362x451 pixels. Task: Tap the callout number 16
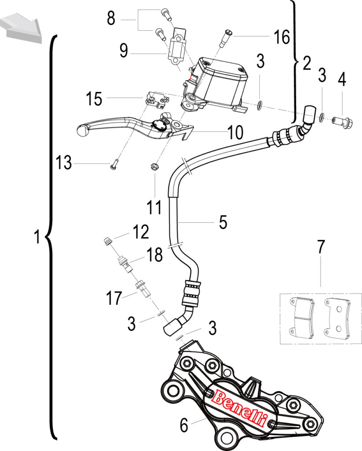282,37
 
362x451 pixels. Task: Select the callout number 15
94,99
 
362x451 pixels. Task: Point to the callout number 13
64,163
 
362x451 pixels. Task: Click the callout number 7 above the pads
321,247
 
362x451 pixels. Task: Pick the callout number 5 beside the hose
223,222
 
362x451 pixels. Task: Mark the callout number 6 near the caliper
184,425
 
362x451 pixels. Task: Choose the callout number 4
342,79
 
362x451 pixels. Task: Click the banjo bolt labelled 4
343,122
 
